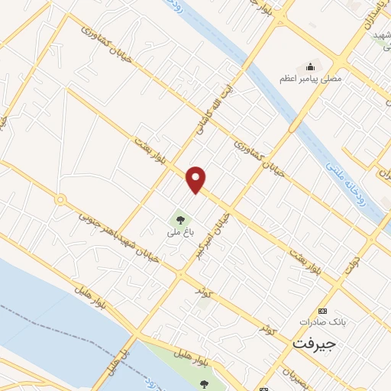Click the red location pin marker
[x=196, y=179]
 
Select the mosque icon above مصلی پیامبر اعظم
[x=310, y=65]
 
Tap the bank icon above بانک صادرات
[x=322, y=311]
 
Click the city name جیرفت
[x=314, y=344]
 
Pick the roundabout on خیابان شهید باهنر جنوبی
[x=60, y=199]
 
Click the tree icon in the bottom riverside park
[x=204, y=384]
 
